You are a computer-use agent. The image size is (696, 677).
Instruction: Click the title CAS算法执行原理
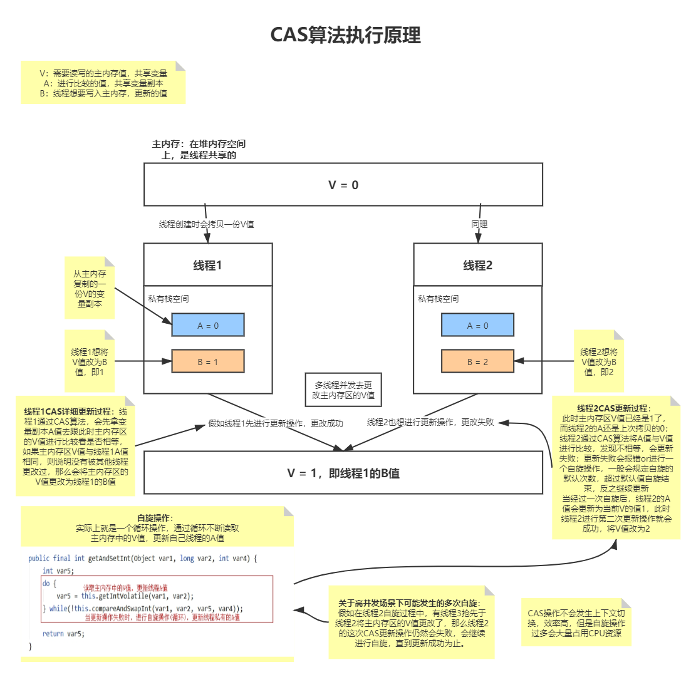pyautogui.click(x=345, y=35)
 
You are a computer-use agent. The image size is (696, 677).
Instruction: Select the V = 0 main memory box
pyautogui.click(x=343, y=185)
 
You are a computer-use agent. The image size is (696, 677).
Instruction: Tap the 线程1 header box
pyautogui.click(x=208, y=265)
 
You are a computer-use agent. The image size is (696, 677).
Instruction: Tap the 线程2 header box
pyautogui.click(x=478, y=265)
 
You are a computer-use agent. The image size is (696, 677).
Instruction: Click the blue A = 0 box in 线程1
pyautogui.click(x=208, y=326)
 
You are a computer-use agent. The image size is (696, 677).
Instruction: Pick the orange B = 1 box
pyautogui.click(x=208, y=361)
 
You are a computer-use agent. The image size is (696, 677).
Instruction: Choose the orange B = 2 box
pyautogui.click(x=478, y=361)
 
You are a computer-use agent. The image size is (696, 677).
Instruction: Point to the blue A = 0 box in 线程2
pyautogui.click(x=478, y=326)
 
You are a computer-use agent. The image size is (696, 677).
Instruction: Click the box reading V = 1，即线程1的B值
pyautogui.click(x=343, y=473)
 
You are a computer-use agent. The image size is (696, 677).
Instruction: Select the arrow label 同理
pyautogui.click(x=480, y=224)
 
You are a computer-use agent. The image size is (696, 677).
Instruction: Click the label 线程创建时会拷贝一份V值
pyautogui.click(x=206, y=224)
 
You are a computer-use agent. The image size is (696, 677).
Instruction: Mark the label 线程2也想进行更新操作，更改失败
pyautogui.click(x=430, y=422)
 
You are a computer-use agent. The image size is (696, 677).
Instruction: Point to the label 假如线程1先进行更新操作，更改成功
pyautogui.click(x=276, y=423)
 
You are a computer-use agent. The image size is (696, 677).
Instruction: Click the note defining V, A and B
pyautogui.click(x=103, y=83)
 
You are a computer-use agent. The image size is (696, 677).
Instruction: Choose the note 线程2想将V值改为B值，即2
pyautogui.click(x=599, y=362)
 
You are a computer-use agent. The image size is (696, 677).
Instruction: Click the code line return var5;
pyautogui.click(x=63, y=633)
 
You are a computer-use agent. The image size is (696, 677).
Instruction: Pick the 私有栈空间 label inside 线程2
pyautogui.click(x=438, y=299)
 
